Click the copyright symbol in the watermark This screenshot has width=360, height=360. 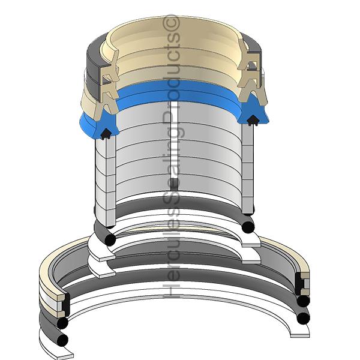pos(171,22)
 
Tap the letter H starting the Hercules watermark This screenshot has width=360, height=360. pos(171,290)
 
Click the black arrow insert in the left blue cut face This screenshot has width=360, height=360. pos(106,134)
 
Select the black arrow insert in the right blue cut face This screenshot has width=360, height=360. pos(253,120)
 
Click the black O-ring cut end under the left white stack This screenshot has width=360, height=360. pos(110,239)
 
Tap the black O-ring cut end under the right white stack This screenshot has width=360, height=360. pos(248,227)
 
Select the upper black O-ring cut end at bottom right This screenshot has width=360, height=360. pos(303,301)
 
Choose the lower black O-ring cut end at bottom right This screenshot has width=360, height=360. pos(303,318)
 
